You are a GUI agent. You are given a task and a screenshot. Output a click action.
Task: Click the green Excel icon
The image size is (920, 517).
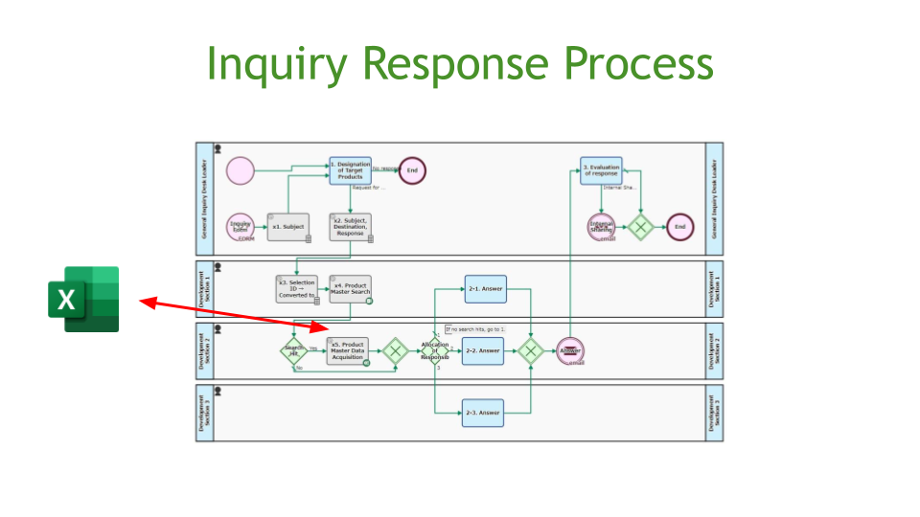[84, 299]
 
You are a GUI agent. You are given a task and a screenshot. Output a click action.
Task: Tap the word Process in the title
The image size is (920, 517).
[638, 65]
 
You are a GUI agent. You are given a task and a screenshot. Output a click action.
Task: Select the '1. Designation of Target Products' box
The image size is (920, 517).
[350, 171]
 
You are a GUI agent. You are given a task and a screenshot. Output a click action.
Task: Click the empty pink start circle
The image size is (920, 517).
[241, 171]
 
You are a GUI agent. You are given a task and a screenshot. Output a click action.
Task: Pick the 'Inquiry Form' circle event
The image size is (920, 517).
[240, 227]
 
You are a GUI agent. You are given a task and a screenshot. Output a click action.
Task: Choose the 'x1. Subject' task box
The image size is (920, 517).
[287, 227]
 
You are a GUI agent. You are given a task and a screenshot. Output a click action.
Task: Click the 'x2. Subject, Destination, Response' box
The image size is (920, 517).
[350, 227]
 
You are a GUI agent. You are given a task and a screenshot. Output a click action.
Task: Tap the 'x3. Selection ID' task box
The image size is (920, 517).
[296, 289]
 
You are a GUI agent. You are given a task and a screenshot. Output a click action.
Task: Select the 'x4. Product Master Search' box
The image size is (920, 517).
[350, 289]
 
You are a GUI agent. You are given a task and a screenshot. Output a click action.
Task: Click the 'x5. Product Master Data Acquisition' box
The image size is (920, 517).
[348, 351]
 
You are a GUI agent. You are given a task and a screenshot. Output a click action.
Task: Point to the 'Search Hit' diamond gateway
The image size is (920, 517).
[293, 351]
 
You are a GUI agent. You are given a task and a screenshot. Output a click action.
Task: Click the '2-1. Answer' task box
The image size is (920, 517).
[485, 289]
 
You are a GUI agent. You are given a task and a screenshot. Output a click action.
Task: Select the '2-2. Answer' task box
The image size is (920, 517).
[483, 351]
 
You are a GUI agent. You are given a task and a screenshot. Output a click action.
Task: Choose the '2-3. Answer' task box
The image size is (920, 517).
[483, 413]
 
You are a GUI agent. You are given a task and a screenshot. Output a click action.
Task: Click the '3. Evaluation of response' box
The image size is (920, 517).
[601, 171]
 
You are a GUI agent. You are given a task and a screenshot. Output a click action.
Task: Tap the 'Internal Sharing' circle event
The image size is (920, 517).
[602, 227]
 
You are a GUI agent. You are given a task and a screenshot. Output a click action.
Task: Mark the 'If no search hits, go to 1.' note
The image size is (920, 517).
[475, 329]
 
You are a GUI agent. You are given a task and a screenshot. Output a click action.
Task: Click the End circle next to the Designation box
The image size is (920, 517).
[412, 170]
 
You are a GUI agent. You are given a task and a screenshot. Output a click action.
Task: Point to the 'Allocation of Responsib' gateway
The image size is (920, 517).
[434, 351]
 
